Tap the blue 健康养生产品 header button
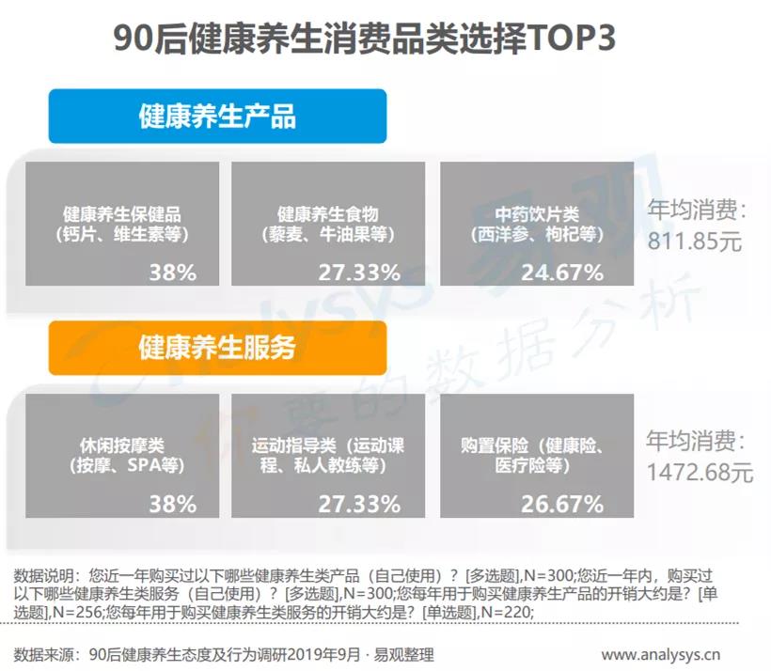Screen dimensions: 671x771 [217, 116]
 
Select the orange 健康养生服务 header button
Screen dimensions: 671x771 [217, 348]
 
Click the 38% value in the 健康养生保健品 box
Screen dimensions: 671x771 [172, 273]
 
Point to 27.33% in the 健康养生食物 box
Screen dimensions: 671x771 [358, 273]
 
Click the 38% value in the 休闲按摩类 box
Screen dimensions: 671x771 [172, 504]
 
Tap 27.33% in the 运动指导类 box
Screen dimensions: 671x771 [358, 504]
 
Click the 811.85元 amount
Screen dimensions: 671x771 [695, 241]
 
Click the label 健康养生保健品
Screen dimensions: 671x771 [122, 213]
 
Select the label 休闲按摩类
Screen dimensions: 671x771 [121, 445]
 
